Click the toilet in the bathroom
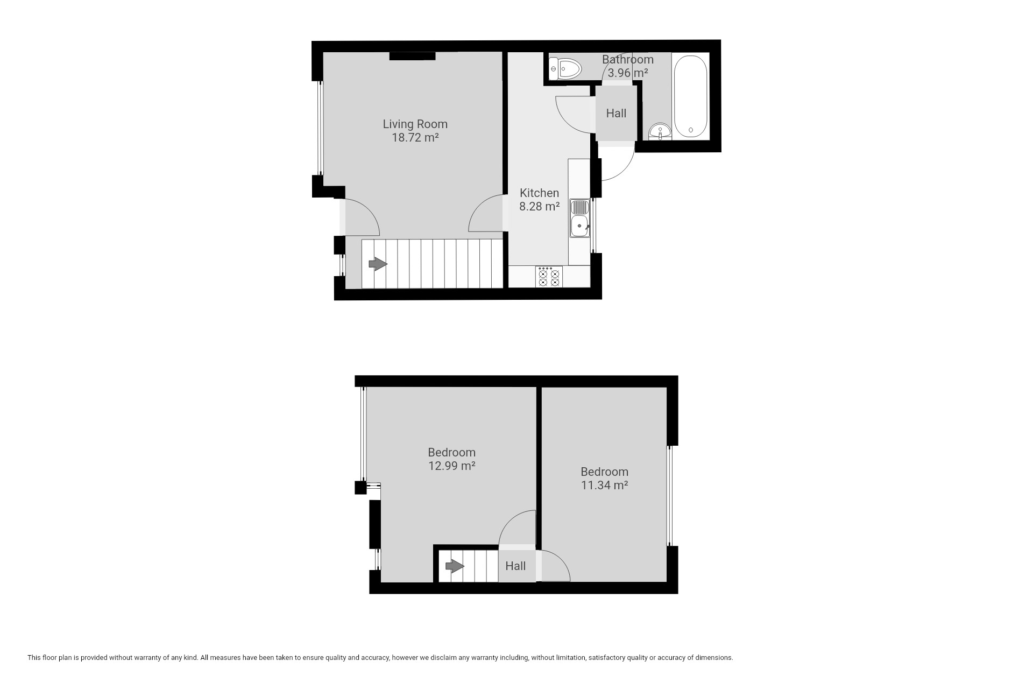(565, 69)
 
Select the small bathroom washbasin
(660, 131)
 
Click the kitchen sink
(579, 218)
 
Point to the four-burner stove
(549, 277)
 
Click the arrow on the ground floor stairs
(378, 264)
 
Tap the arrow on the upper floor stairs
(455, 566)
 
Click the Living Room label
(415, 124)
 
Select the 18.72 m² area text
(415, 137)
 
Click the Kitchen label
(539, 193)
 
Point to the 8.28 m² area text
(539, 206)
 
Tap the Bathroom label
(628, 59)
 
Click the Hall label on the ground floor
(616, 113)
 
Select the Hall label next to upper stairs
(515, 566)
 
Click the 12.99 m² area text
(452, 466)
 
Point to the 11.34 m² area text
(605, 485)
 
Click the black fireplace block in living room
(413, 56)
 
